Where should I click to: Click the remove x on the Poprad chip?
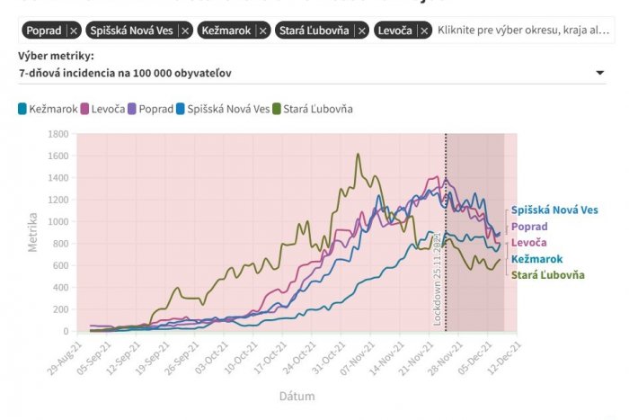[74, 31]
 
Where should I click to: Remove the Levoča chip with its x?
[421, 31]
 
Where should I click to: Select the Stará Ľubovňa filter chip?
[314, 31]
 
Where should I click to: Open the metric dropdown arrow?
[599, 73]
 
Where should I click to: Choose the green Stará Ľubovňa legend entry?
[317, 109]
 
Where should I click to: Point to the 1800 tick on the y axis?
[58, 134]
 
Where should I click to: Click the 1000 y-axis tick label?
[58, 221]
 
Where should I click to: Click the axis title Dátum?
[296, 396]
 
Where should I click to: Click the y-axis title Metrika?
[32, 231]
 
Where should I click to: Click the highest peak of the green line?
[359, 154]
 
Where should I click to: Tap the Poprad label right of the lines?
[529, 226]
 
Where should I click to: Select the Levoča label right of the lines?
[529, 243]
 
